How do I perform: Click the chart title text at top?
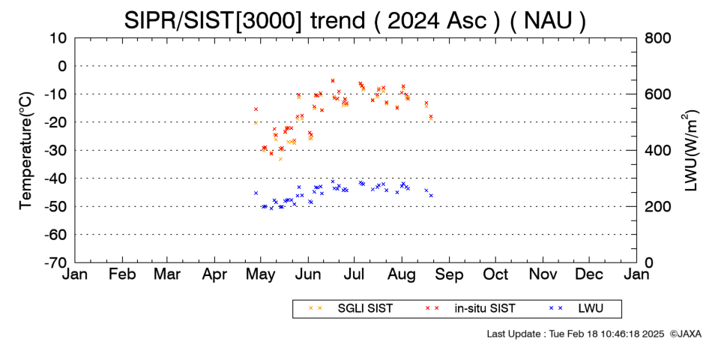click(x=355, y=20)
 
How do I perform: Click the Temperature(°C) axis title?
click(x=26, y=151)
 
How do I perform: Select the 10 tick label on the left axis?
click(x=58, y=37)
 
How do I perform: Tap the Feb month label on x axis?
click(x=122, y=274)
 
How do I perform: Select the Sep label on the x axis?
click(x=449, y=274)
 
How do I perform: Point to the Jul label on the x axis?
click(x=355, y=274)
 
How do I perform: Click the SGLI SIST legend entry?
click(x=350, y=309)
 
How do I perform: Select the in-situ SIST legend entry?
click(x=470, y=309)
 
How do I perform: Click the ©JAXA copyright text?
click(x=685, y=334)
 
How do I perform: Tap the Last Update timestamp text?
click(x=576, y=334)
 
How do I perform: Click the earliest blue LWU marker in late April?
click(x=256, y=193)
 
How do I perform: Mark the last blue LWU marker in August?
click(x=431, y=196)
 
